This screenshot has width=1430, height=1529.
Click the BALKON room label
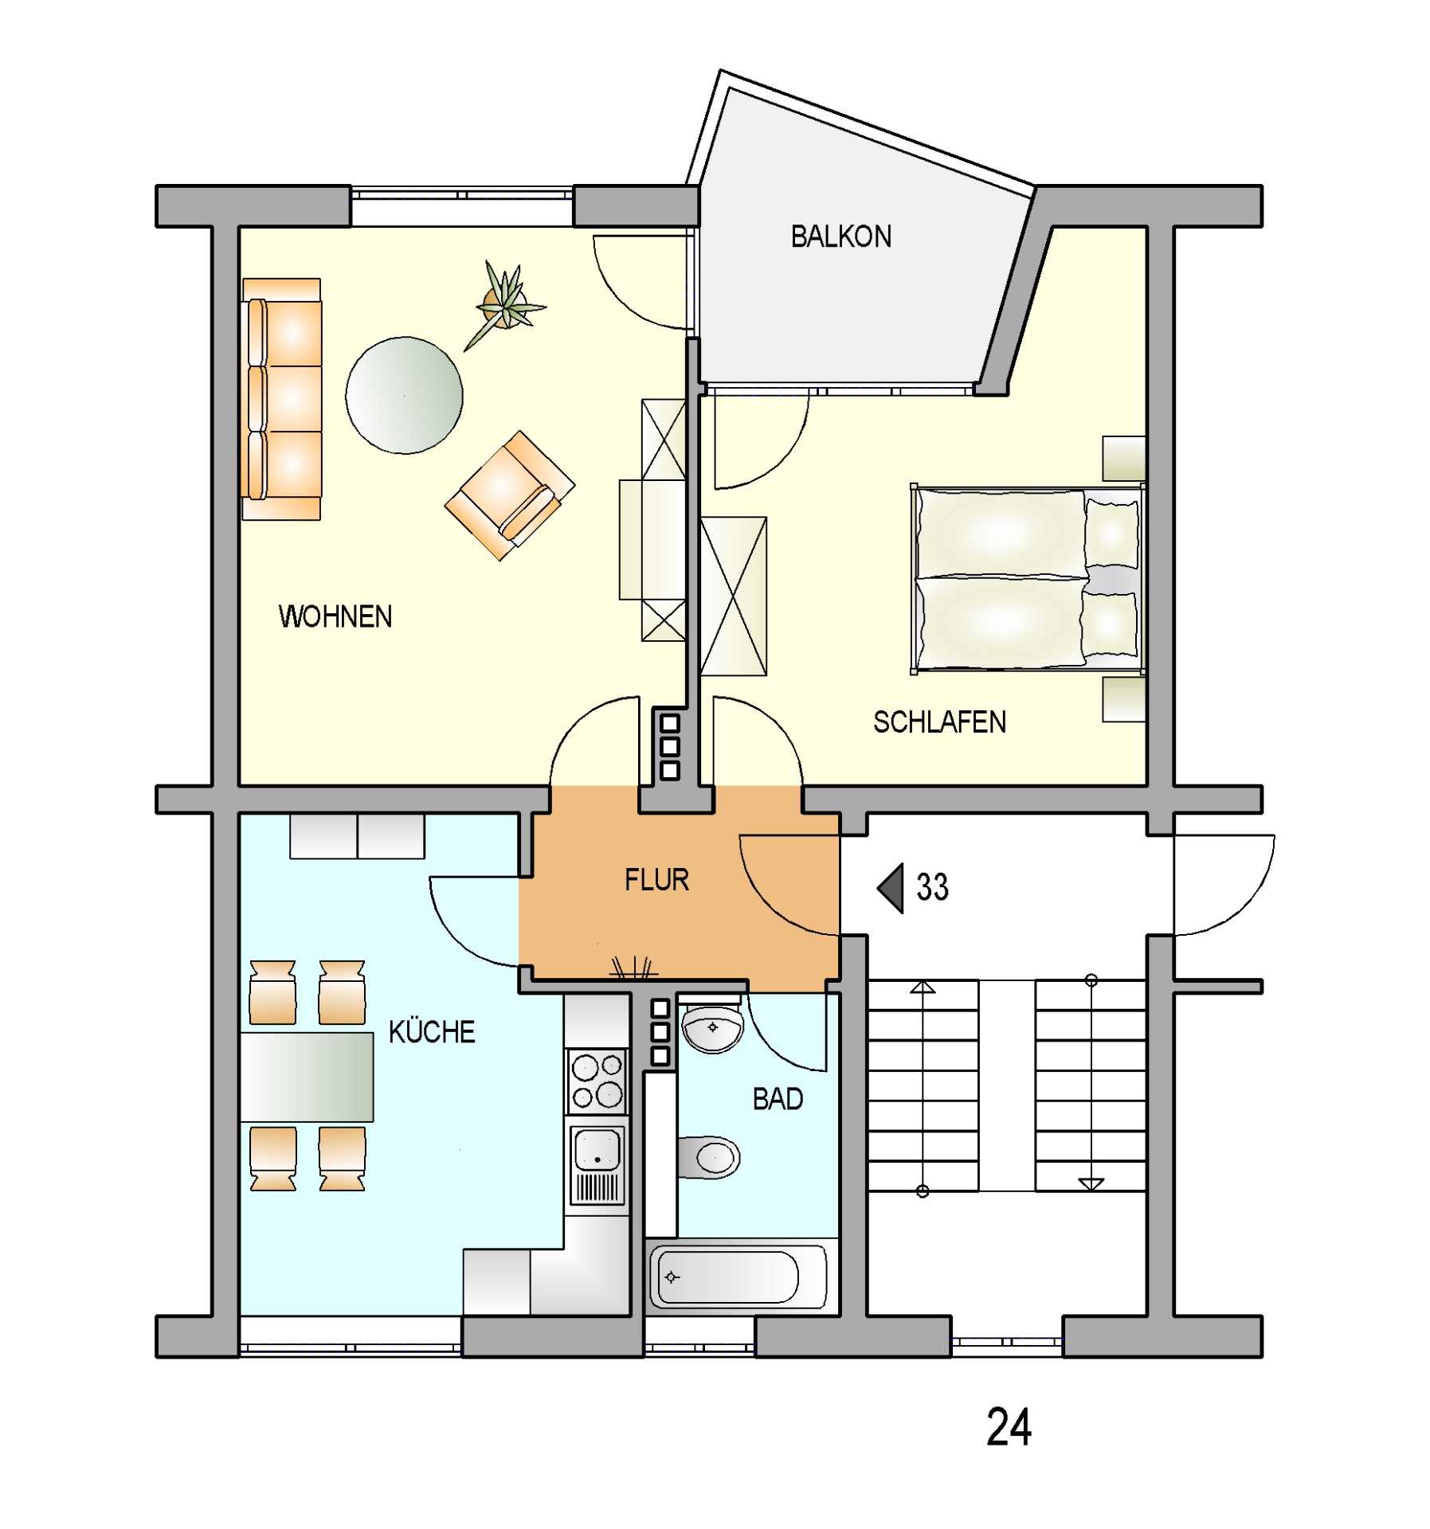tap(840, 237)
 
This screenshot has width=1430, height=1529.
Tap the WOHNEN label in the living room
tap(335, 616)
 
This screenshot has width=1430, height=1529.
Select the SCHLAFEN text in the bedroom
tap(939, 721)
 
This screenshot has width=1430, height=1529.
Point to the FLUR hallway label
tap(656, 879)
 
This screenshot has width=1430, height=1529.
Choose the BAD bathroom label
tap(778, 1099)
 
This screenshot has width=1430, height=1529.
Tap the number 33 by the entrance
tap(932, 886)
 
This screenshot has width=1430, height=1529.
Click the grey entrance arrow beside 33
tap(890, 887)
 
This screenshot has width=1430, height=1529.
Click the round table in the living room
tap(404, 396)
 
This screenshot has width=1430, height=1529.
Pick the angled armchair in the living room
tap(510, 495)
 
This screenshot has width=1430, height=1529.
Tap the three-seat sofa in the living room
tap(282, 399)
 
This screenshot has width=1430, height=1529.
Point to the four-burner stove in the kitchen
tap(597, 1081)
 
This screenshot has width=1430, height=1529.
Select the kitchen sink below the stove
tap(597, 1163)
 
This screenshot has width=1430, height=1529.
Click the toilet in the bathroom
tap(708, 1157)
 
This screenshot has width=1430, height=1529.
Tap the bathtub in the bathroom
tap(738, 1277)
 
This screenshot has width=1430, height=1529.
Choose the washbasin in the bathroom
tap(712, 1027)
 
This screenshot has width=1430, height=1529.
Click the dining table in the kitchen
tap(307, 1076)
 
